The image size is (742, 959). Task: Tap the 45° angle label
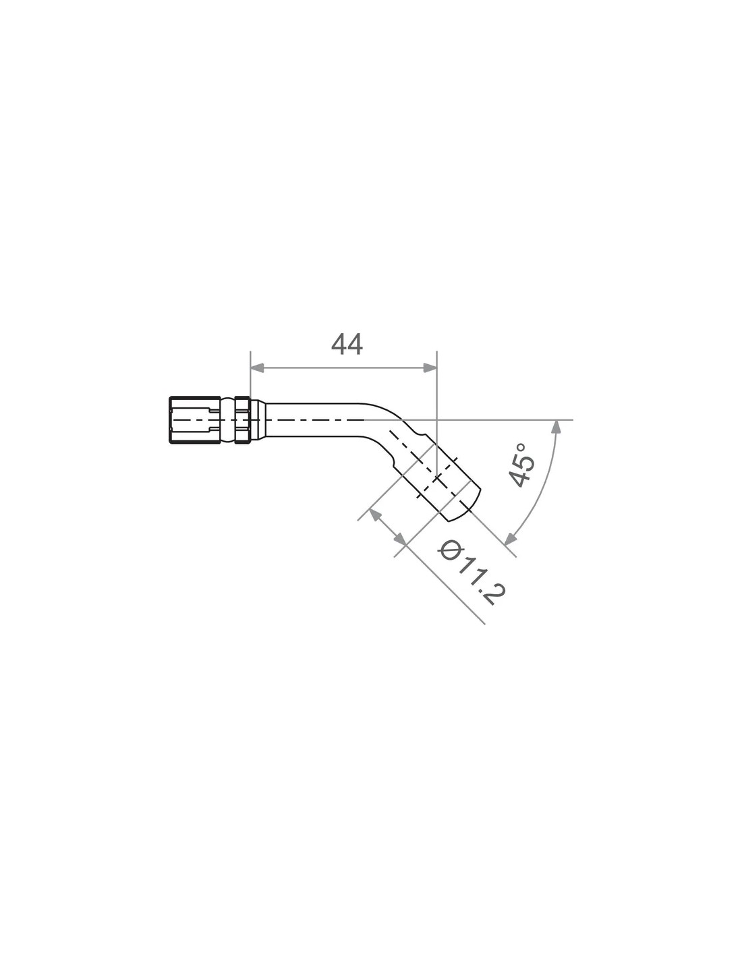pyautogui.click(x=522, y=465)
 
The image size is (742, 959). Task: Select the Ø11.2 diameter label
pyautogui.click(x=471, y=574)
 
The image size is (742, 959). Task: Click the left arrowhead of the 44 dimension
pyautogui.click(x=257, y=368)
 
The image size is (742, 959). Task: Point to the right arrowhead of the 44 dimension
pyautogui.click(x=430, y=368)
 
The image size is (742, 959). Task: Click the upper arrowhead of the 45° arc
pyautogui.click(x=557, y=427)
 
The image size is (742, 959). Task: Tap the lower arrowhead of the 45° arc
pyautogui.click(x=510, y=537)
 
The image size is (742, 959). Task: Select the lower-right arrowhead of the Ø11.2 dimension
pyautogui.click(x=400, y=539)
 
